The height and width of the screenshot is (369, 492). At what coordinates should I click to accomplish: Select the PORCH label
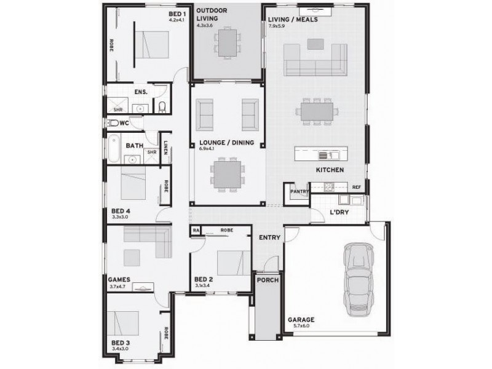coord(268,280)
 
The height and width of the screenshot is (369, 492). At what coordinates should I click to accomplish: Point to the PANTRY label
coord(299,191)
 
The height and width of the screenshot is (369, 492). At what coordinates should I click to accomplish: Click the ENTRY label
coord(269,238)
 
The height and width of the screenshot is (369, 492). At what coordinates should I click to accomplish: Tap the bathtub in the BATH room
coord(115,147)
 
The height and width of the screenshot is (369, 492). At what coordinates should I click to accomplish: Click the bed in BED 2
coord(230,263)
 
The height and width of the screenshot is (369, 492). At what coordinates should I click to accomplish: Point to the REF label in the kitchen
coord(356,187)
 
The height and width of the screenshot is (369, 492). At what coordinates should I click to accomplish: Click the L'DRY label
coord(339,212)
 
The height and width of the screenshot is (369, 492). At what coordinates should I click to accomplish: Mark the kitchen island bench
coord(321,154)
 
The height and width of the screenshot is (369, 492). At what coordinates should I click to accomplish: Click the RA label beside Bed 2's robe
coord(196,231)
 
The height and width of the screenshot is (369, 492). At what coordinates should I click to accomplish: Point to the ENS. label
coord(140,92)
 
